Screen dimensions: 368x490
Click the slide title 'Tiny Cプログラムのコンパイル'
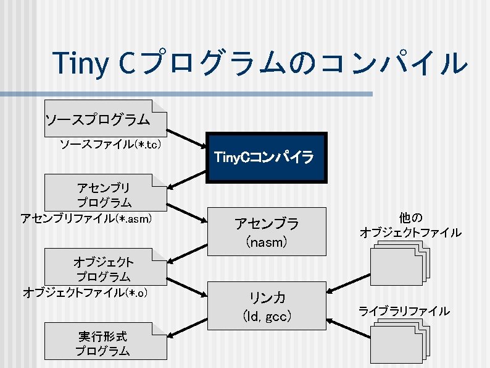260,64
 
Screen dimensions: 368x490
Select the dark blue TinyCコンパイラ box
265,158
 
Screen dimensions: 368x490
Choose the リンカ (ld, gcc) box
265,306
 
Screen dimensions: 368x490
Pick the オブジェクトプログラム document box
105,267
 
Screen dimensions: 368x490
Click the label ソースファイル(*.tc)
110,145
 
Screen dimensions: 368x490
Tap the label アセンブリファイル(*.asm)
86,218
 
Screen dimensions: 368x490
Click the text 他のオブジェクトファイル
410,225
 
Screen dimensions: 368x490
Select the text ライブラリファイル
404,310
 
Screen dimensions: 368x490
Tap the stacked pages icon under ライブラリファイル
399,342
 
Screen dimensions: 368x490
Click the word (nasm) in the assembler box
266,242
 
